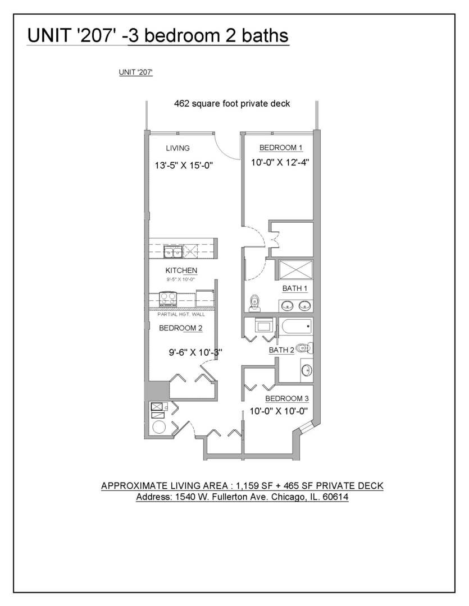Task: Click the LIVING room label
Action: (x=177, y=148)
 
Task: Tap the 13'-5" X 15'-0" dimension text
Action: (x=184, y=166)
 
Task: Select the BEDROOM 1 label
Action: (x=280, y=148)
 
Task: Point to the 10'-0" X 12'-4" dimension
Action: (x=280, y=162)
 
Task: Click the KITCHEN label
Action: (x=181, y=270)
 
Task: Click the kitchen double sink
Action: (x=173, y=252)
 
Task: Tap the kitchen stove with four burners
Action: (x=169, y=300)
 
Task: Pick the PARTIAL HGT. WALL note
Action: (x=181, y=314)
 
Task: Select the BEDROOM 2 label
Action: (x=181, y=328)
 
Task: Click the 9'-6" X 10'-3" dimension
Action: (x=195, y=352)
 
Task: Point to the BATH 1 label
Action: (x=295, y=288)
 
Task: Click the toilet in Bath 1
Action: (x=254, y=303)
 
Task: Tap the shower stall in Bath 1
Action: (x=295, y=269)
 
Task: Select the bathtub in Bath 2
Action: (x=297, y=327)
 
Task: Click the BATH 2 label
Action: (x=281, y=350)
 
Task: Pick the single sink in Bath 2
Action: (x=307, y=370)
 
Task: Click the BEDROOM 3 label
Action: (x=287, y=398)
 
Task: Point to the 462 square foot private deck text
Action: (x=232, y=104)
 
